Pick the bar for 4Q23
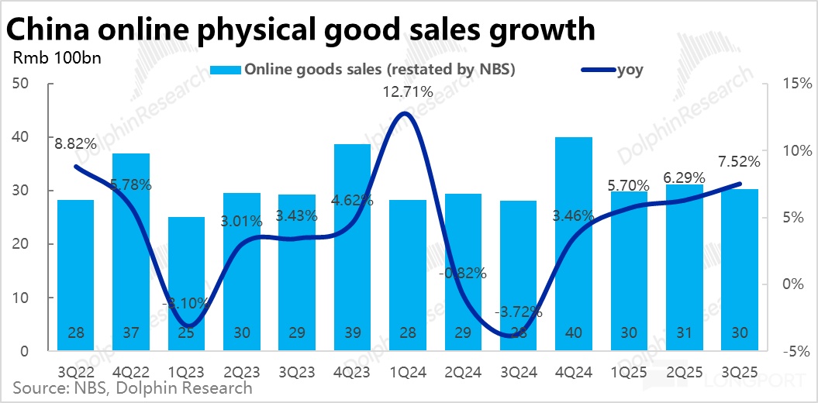tap(352, 247)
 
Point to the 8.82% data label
tap(75, 143)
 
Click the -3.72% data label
tap(518, 313)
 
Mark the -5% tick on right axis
tap(796, 351)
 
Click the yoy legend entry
tap(613, 70)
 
